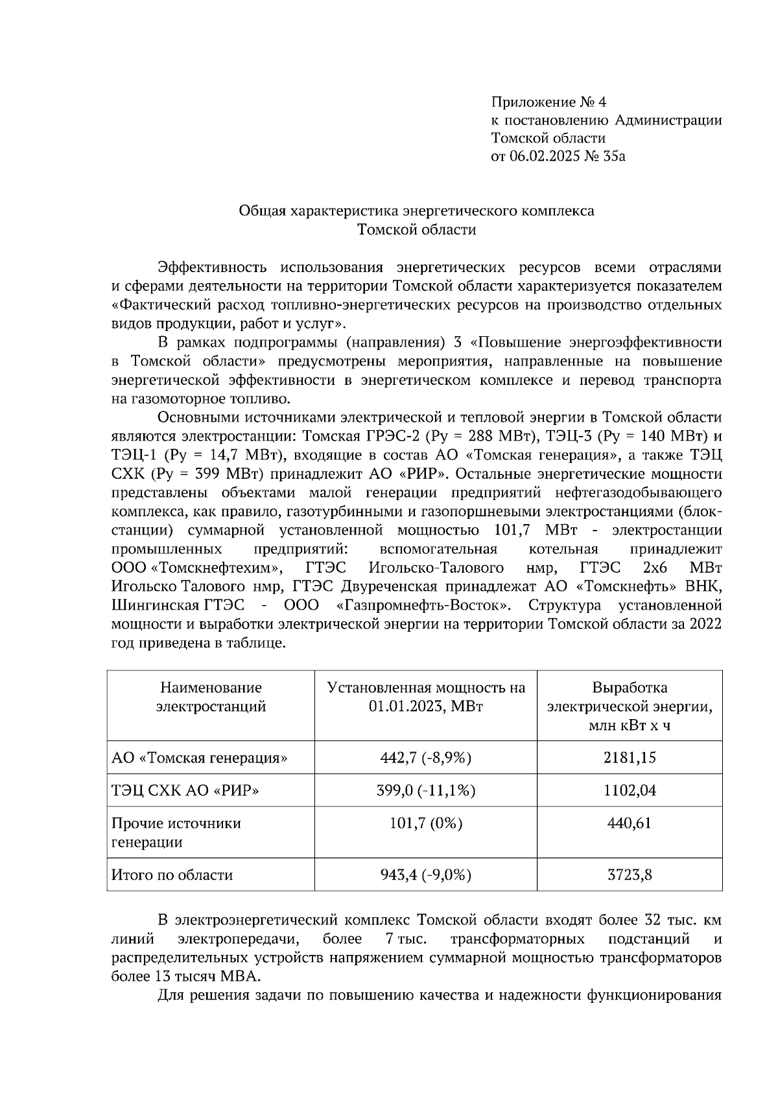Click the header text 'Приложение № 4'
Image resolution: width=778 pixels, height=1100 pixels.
click(x=548, y=102)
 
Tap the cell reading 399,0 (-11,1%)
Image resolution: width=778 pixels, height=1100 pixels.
click(x=425, y=790)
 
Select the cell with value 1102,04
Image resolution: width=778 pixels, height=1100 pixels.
click(x=630, y=790)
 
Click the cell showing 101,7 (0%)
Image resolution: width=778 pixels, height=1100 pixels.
click(x=425, y=823)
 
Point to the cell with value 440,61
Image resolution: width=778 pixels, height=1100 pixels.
click(x=630, y=823)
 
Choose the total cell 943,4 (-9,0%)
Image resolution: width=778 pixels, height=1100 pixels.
click(x=425, y=875)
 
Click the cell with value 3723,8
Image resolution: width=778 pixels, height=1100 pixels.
click(x=630, y=875)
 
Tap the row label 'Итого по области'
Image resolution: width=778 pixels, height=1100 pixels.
click(x=172, y=875)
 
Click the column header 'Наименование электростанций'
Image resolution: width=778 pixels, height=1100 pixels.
click(x=211, y=697)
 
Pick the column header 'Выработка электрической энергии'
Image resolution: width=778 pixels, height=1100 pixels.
click(x=630, y=706)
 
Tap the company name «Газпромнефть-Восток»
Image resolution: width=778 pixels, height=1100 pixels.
click(x=424, y=606)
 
